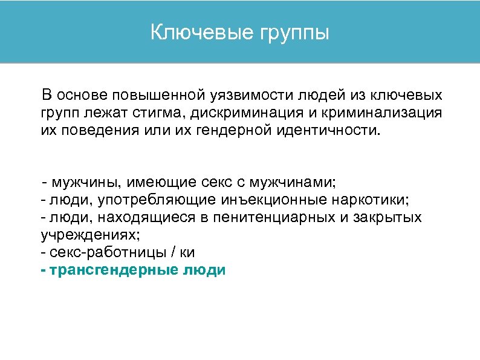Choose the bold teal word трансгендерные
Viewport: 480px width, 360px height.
coord(112,270)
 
